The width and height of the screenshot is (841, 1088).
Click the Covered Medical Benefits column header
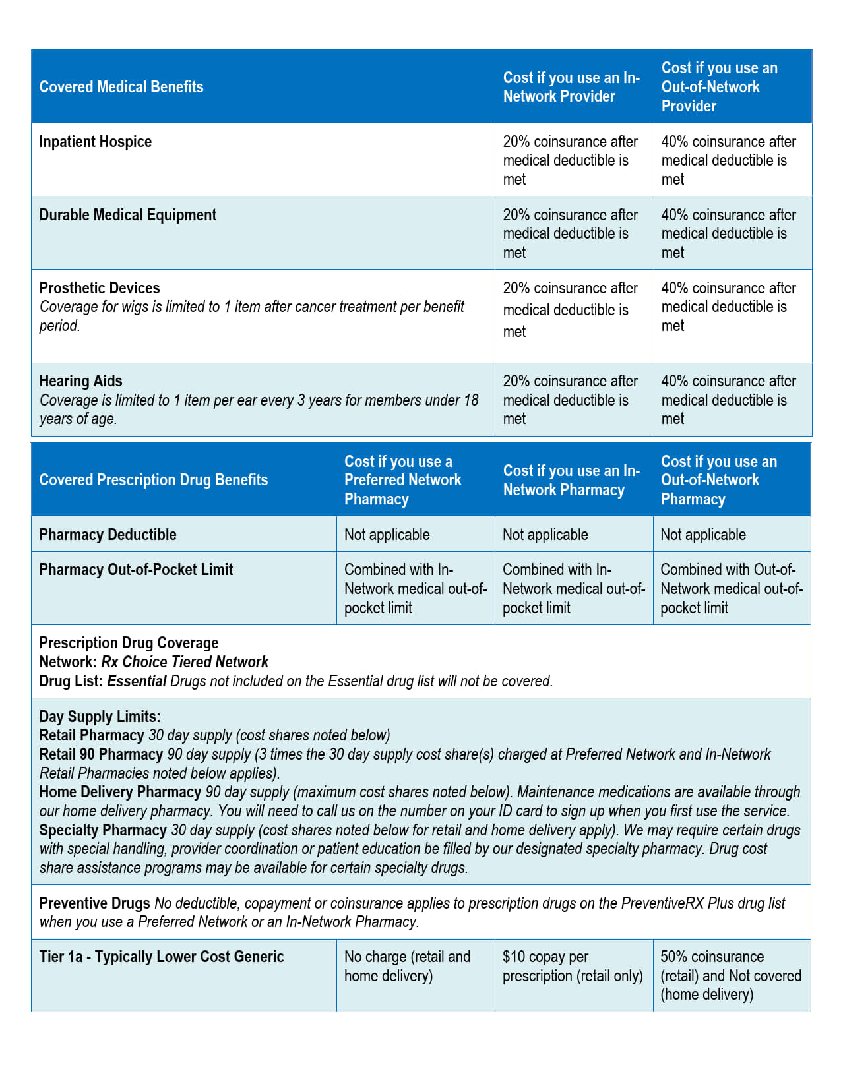[x=121, y=87]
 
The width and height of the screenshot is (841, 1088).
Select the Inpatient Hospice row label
[x=96, y=142]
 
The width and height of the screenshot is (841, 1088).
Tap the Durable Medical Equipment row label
[x=128, y=215]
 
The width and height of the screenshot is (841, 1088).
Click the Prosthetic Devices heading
[x=100, y=288]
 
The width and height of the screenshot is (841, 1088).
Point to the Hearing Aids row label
[x=80, y=381]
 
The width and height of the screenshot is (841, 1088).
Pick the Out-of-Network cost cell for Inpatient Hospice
[x=728, y=160]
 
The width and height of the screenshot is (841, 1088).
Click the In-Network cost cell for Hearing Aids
[x=570, y=400]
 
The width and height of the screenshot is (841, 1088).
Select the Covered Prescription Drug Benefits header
[x=154, y=480]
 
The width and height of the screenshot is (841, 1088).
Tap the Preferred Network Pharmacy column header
[x=402, y=480]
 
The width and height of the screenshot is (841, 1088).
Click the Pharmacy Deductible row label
[x=108, y=535]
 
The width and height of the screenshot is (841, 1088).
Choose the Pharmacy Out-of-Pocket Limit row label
[x=136, y=570]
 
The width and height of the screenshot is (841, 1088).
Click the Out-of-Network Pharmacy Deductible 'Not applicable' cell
[x=703, y=535]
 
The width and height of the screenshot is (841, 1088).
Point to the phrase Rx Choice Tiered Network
[x=185, y=662]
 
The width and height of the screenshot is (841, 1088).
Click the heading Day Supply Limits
[x=100, y=717]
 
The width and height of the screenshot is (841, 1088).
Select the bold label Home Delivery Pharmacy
[x=120, y=792]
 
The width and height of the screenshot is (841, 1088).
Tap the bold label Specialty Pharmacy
[x=103, y=830]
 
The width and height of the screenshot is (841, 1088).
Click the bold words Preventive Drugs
[x=95, y=903]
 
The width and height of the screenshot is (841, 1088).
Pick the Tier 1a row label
[x=162, y=957]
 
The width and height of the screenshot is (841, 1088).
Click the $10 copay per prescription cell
[x=572, y=967]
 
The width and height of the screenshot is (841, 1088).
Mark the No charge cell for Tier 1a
[x=407, y=967]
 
